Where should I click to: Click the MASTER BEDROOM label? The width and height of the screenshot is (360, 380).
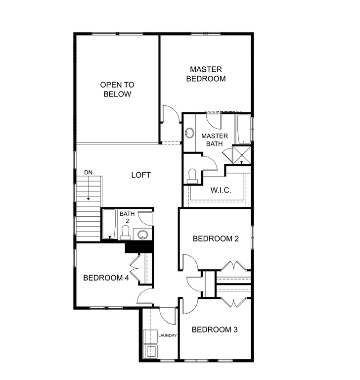206,74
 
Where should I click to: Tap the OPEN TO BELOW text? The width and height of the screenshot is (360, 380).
117,90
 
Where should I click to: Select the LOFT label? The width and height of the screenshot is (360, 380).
141,175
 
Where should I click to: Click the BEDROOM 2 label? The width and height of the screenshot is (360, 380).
216,238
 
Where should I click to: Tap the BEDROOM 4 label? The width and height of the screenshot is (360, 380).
106,278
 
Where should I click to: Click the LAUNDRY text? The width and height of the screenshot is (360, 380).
168,335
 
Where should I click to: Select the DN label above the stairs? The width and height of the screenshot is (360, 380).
88,172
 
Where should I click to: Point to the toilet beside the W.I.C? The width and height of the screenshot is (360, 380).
192,175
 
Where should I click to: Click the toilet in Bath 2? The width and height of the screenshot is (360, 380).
125,232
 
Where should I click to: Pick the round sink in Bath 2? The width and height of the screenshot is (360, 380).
142,235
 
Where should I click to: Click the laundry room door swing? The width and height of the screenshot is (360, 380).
167,315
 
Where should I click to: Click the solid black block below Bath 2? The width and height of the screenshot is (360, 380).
138,246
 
